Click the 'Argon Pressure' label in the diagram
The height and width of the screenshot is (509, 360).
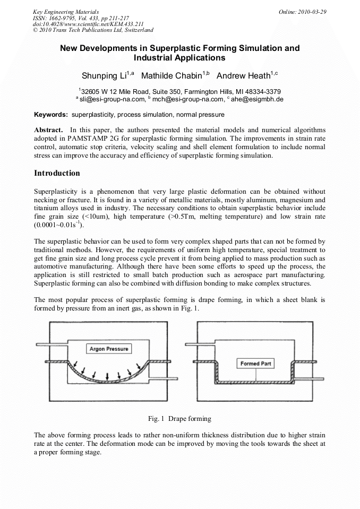click(x=108, y=349)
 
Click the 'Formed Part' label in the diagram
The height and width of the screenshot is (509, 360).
click(x=256, y=364)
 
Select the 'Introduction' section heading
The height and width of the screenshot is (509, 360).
click(x=57, y=173)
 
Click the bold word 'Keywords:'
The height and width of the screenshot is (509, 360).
click(x=51, y=114)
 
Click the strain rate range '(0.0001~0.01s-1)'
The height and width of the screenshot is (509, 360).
click(x=59, y=225)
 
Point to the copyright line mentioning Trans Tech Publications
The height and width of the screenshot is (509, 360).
click(x=93, y=30)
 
